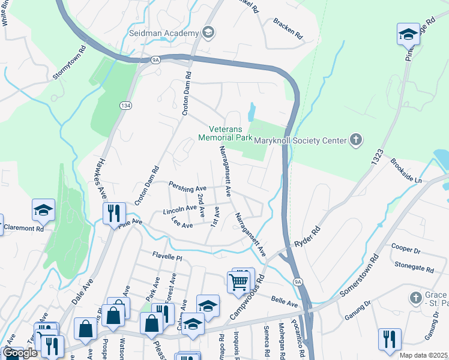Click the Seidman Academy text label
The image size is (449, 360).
(163, 32)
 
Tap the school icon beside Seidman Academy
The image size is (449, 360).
(208, 32)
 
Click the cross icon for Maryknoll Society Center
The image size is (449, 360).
(356, 140)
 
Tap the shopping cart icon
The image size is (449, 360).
(239, 280)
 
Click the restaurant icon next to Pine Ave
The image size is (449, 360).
(113, 213)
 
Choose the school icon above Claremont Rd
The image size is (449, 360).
(43, 210)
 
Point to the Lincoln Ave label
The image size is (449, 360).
(180, 209)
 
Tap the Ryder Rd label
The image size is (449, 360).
(307, 237)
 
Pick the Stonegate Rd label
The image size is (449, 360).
(414, 267)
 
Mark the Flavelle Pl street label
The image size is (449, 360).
(166, 255)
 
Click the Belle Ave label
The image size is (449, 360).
(285, 299)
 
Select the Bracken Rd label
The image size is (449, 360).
(288, 29)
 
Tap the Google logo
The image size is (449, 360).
(20, 353)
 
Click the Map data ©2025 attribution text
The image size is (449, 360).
(423, 355)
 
